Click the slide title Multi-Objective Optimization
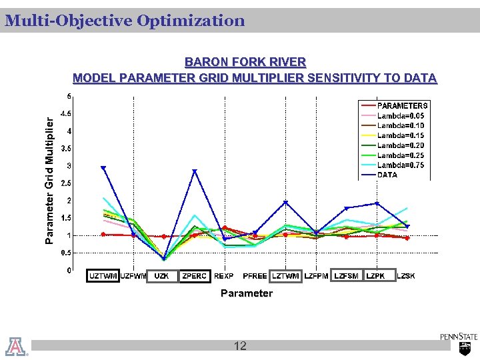[125, 21]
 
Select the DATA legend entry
[387, 175]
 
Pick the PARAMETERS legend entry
[403, 105]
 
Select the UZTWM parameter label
[103, 276]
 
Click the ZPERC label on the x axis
[194, 276]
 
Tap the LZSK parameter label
[405, 276]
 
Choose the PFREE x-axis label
[255, 276]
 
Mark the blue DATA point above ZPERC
[195, 171]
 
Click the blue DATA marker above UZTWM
[103, 168]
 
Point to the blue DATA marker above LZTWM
[285, 203]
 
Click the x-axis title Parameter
[246, 293]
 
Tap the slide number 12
[240, 345]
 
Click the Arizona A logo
[16, 346]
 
